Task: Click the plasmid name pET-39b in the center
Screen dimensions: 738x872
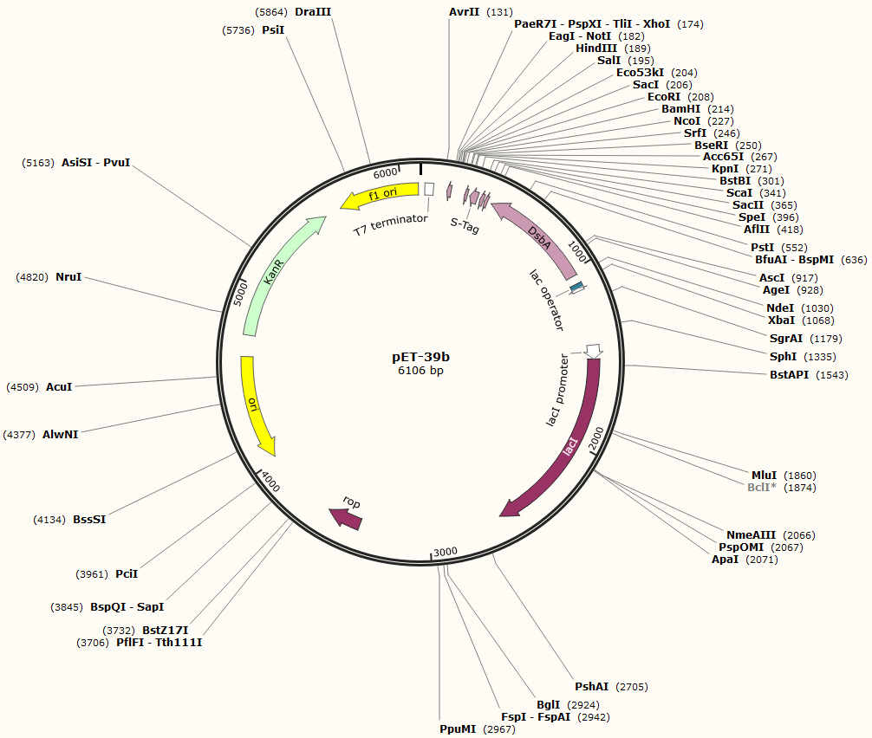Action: (x=420, y=356)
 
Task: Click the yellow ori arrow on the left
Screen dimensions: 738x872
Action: (x=255, y=405)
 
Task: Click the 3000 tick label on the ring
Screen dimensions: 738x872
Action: (x=446, y=552)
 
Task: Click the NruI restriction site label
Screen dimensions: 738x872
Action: (x=68, y=277)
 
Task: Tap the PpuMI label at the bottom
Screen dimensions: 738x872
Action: (x=458, y=729)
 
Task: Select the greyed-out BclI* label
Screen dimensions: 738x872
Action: (x=762, y=488)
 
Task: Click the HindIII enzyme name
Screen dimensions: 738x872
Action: (x=595, y=49)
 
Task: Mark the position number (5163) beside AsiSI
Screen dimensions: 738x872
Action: (x=39, y=162)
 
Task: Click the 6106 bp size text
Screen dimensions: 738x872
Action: (x=420, y=371)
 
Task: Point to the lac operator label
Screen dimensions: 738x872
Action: (x=547, y=300)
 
